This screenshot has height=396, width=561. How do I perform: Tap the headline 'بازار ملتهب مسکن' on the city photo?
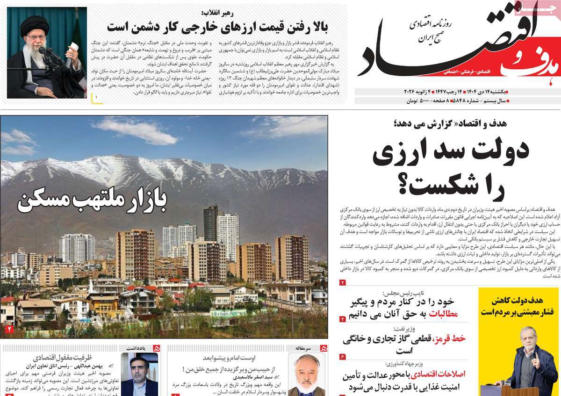[x=92, y=200]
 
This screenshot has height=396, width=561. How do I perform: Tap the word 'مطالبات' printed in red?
[x=442, y=314]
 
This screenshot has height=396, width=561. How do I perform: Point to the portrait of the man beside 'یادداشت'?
[x=139, y=374]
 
